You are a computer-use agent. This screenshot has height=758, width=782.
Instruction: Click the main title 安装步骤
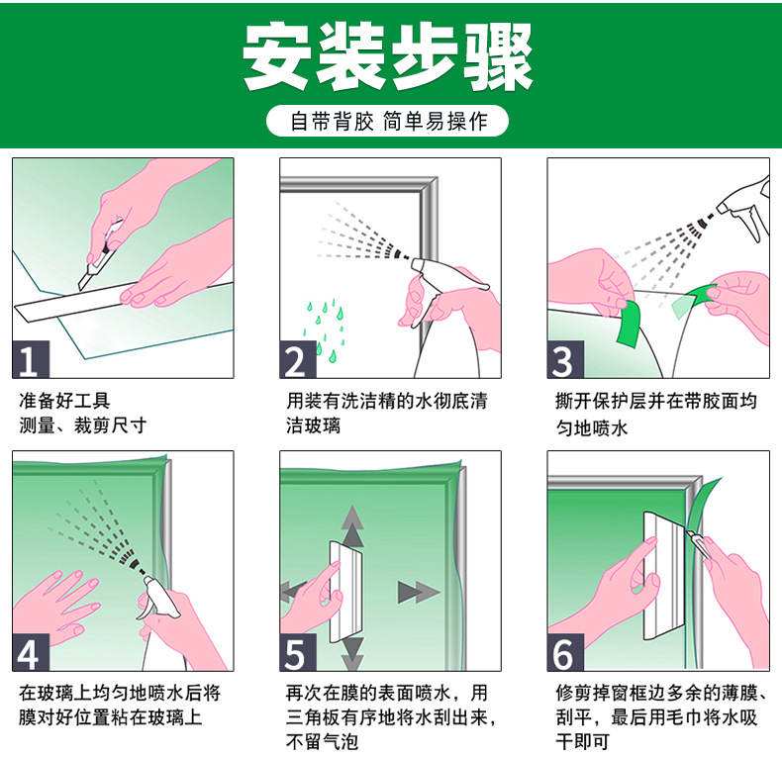(x=388, y=56)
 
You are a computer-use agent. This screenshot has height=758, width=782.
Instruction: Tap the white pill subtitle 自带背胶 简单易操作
(x=387, y=121)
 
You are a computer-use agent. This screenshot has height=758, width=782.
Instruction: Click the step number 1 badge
(x=31, y=359)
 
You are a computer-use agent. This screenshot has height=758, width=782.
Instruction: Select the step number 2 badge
(x=298, y=359)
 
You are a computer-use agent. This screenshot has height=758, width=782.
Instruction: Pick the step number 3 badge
(x=565, y=359)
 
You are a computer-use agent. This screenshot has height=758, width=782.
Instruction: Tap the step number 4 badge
(x=31, y=652)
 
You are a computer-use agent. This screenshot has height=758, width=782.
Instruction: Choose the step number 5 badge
(x=298, y=652)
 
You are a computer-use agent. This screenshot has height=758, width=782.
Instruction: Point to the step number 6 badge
(x=565, y=652)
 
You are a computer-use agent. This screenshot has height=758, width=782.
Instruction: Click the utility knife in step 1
(x=100, y=255)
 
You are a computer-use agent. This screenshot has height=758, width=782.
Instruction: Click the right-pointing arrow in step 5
(x=419, y=592)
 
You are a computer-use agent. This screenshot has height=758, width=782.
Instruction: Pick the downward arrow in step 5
(x=352, y=653)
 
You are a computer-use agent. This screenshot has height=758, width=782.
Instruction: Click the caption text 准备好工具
(x=64, y=401)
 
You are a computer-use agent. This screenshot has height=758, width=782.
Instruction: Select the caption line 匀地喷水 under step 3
(x=592, y=427)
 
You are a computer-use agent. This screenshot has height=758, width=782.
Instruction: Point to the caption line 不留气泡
(x=322, y=741)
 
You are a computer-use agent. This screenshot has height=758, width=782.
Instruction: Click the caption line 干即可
(x=582, y=741)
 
